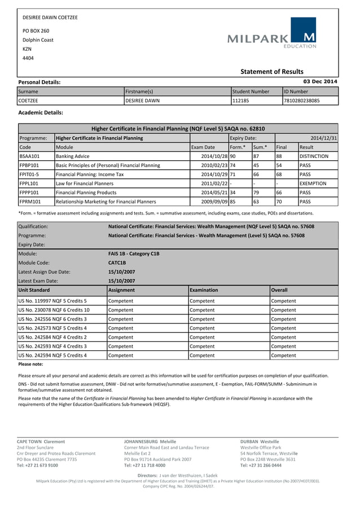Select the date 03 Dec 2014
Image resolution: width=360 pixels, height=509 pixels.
[321, 82]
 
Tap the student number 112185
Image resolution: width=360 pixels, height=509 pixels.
[241, 100]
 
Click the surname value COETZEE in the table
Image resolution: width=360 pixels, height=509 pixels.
[28, 100]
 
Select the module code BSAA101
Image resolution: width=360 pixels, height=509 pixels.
[29, 156]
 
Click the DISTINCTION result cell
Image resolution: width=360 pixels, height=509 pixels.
[314, 156]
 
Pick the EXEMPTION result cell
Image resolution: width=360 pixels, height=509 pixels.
[314, 183]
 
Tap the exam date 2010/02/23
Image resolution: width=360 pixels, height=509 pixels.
[214, 165]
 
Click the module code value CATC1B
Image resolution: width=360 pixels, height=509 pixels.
[117, 262]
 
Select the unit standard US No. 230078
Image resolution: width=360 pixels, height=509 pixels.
[54, 310]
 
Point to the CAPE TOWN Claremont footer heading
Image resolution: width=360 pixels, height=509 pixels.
[41, 441]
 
